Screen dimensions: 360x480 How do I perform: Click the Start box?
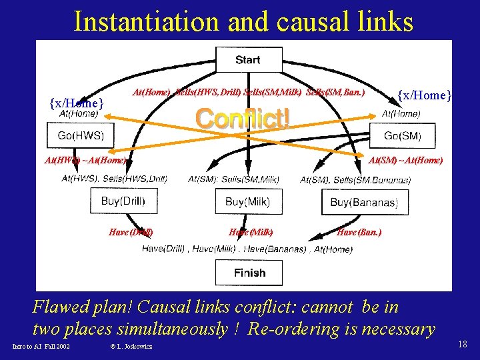point(247,60)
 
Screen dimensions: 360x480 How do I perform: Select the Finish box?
point(249,273)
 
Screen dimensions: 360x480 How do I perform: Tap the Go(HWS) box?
point(81,137)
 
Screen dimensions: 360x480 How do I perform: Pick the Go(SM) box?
point(402,137)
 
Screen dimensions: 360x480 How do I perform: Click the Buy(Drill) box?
point(123,201)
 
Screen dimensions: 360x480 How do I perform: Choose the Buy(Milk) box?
point(247,201)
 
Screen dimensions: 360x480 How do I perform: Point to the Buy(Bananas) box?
point(364,202)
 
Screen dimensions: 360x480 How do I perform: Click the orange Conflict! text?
point(243,119)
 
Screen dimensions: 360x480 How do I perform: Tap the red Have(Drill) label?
point(131,232)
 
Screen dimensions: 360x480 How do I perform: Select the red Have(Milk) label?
point(251,232)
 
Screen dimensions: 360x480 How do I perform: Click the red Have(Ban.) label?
point(359,232)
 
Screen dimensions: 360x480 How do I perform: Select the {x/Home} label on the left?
point(77,103)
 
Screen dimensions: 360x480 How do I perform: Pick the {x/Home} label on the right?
point(425,95)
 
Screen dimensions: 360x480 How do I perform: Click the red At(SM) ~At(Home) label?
point(405,160)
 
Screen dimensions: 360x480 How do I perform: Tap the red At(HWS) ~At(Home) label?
point(85,160)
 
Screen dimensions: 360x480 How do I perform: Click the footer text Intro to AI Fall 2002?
point(41,346)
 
